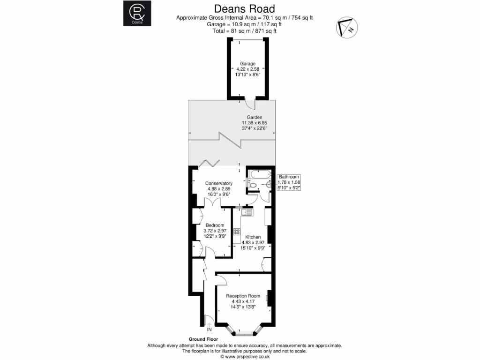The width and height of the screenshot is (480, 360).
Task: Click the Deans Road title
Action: pos(244,8)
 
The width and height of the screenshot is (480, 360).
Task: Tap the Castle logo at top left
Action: pos(134,14)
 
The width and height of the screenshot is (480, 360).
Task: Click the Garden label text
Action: pos(255,117)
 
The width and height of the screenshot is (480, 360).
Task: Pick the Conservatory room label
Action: pos(219,183)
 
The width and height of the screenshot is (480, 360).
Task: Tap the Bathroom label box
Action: pos(289,182)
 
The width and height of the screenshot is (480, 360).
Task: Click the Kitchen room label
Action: pos(253,237)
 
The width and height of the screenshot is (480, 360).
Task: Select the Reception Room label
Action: pos(243,296)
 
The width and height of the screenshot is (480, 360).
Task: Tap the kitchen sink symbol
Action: pos(247,212)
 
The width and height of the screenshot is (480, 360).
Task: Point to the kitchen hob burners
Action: pos(236,232)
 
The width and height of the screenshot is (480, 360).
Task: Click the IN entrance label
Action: pos(209,330)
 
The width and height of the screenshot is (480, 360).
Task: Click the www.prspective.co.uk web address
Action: pos(244,356)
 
